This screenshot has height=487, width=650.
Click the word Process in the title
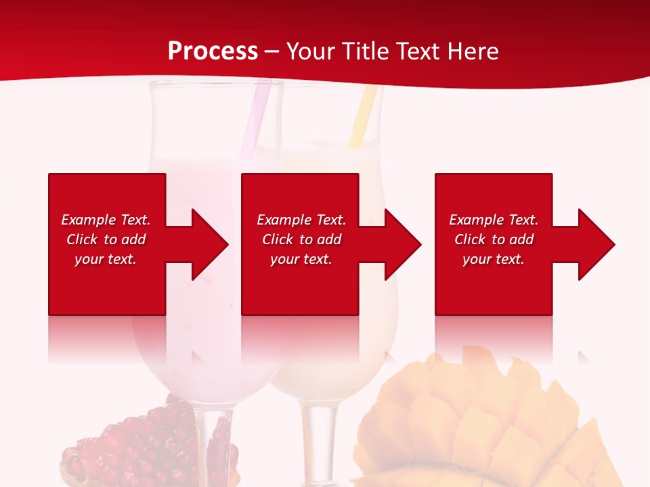pyautogui.click(x=213, y=51)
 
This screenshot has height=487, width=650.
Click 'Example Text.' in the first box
pyautogui.click(x=106, y=220)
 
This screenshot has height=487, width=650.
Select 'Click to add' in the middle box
pyautogui.click(x=301, y=239)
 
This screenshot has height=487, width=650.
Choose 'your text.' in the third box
pyautogui.click(x=493, y=259)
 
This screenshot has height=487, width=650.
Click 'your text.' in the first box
pyautogui.click(x=106, y=259)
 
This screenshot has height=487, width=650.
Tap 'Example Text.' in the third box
pyautogui.click(x=494, y=220)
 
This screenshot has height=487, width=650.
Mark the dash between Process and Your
pyautogui.click(x=272, y=51)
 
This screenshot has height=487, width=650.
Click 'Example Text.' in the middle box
pyautogui.click(x=301, y=220)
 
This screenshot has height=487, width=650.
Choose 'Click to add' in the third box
pyautogui.click(x=494, y=239)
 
